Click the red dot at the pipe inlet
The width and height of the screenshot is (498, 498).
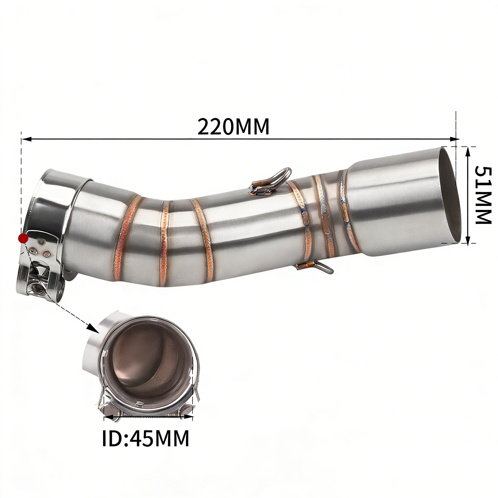23,239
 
